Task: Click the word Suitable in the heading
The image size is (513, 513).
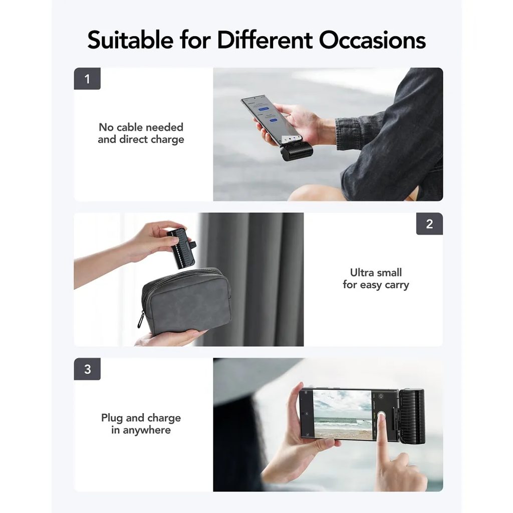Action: (x=130, y=40)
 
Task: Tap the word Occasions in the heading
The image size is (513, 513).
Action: (x=372, y=40)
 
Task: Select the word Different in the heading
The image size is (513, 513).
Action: (x=265, y=40)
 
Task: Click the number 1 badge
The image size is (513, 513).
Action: (x=87, y=79)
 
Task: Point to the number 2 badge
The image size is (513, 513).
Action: (x=429, y=224)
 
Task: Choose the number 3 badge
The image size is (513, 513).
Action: (x=87, y=369)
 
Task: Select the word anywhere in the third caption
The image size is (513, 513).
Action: (x=147, y=430)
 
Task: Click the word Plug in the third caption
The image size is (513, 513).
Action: (x=112, y=418)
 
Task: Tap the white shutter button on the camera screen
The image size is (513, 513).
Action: (x=381, y=415)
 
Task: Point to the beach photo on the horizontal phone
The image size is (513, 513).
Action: (x=342, y=414)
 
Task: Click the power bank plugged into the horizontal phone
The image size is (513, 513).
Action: (x=412, y=416)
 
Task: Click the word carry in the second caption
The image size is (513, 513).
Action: (x=397, y=285)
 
